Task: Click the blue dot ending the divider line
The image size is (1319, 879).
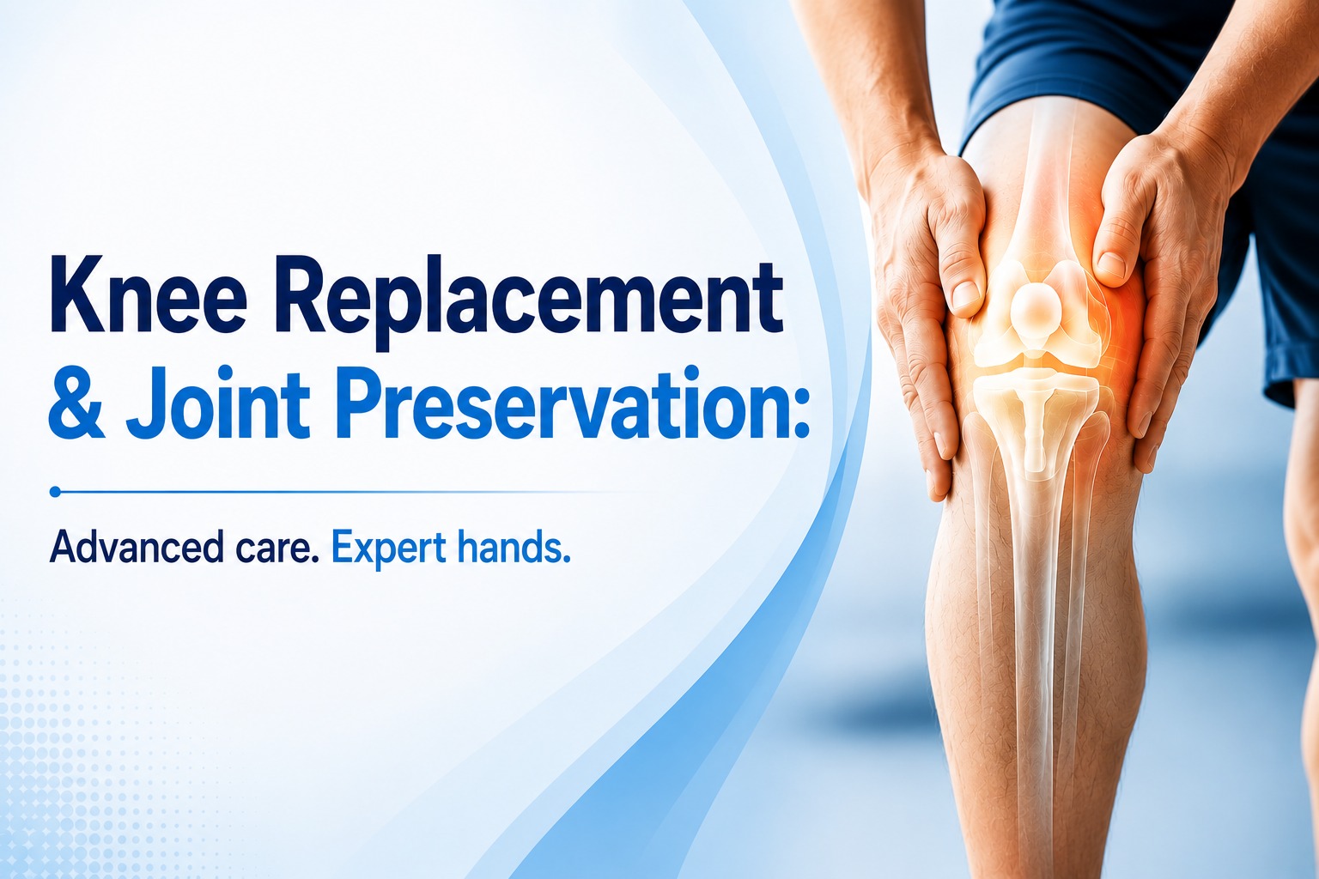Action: [55, 492]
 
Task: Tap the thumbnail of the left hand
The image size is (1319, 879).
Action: [964, 294]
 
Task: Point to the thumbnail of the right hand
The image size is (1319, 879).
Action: [1110, 266]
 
